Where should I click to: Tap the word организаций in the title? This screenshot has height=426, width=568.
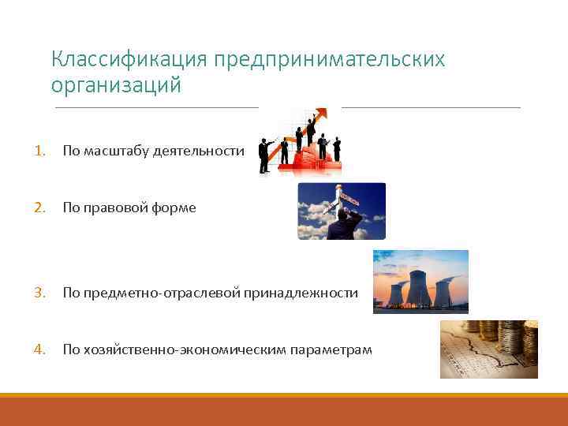(116, 85)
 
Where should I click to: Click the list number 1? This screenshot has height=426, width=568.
(39, 151)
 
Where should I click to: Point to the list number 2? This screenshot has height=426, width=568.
(39, 207)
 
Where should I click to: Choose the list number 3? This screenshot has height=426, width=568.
(39, 293)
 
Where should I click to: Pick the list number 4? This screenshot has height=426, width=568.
(39, 349)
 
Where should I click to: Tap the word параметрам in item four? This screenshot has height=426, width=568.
(331, 349)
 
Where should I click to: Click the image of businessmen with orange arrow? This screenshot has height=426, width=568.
(300, 142)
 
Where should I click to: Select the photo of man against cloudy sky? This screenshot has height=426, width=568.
(342, 211)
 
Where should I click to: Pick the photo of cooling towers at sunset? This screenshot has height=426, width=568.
(420, 282)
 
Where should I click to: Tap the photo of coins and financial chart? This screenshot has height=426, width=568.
(488, 349)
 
